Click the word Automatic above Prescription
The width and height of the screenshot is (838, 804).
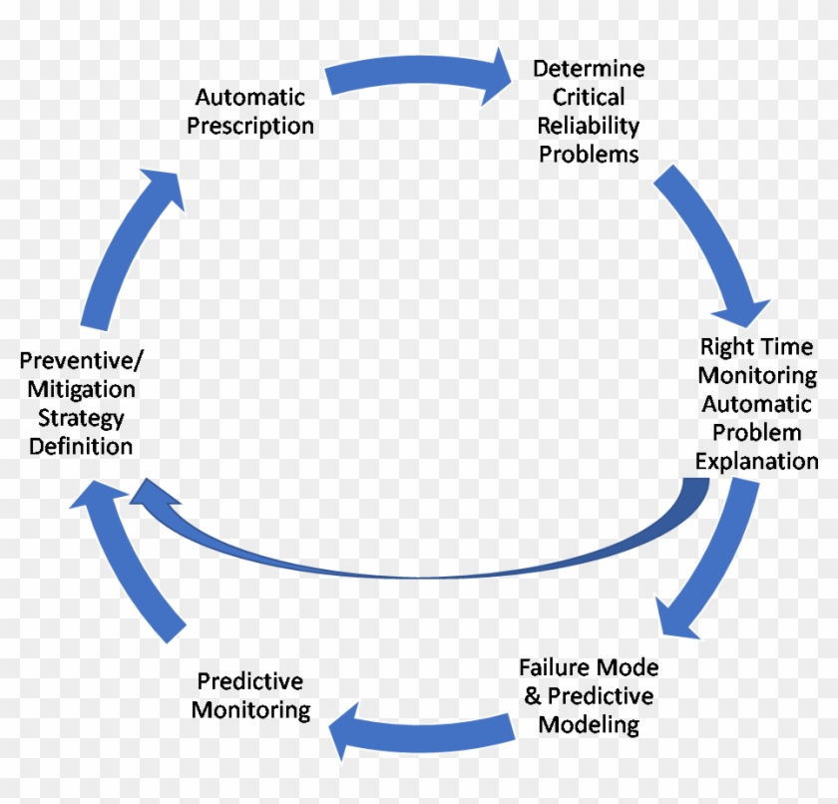tap(250, 98)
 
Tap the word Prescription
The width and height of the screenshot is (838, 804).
tap(250, 127)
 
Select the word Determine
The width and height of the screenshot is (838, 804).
tap(589, 69)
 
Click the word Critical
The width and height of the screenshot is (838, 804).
tap(589, 97)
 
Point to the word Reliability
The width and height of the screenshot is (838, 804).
tap(589, 126)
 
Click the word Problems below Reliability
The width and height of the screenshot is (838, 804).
tap(589, 155)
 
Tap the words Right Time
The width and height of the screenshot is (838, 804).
tap(756, 347)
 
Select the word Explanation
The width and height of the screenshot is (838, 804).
tap(756, 461)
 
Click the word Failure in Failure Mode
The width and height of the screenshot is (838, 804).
tap(555, 666)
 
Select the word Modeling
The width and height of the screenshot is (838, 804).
tap(589, 724)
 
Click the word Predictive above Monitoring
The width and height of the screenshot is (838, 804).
tap(249, 681)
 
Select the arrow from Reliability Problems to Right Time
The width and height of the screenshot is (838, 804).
tap(716, 244)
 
